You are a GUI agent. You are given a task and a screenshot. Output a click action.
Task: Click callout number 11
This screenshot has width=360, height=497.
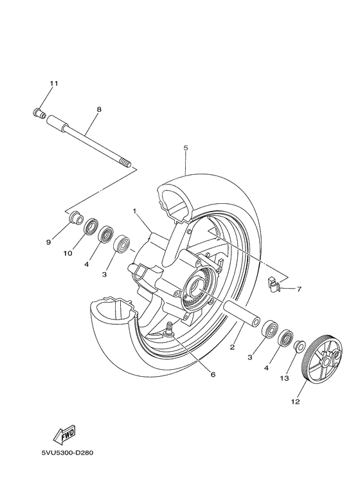tap(54, 84)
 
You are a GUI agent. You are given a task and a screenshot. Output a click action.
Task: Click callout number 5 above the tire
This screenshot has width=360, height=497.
tap(185, 148)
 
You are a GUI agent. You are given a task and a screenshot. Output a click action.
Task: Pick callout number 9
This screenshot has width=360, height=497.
tap(48, 242)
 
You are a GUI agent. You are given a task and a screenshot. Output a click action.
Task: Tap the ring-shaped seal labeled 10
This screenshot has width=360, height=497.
tap(91, 227)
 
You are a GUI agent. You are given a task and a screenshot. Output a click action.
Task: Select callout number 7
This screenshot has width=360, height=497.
tap(300, 289)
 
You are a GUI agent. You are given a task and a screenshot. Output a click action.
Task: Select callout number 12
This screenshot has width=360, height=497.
tap(295, 403)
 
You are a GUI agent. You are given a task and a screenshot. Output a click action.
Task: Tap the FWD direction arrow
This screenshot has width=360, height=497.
tap(66, 437)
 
